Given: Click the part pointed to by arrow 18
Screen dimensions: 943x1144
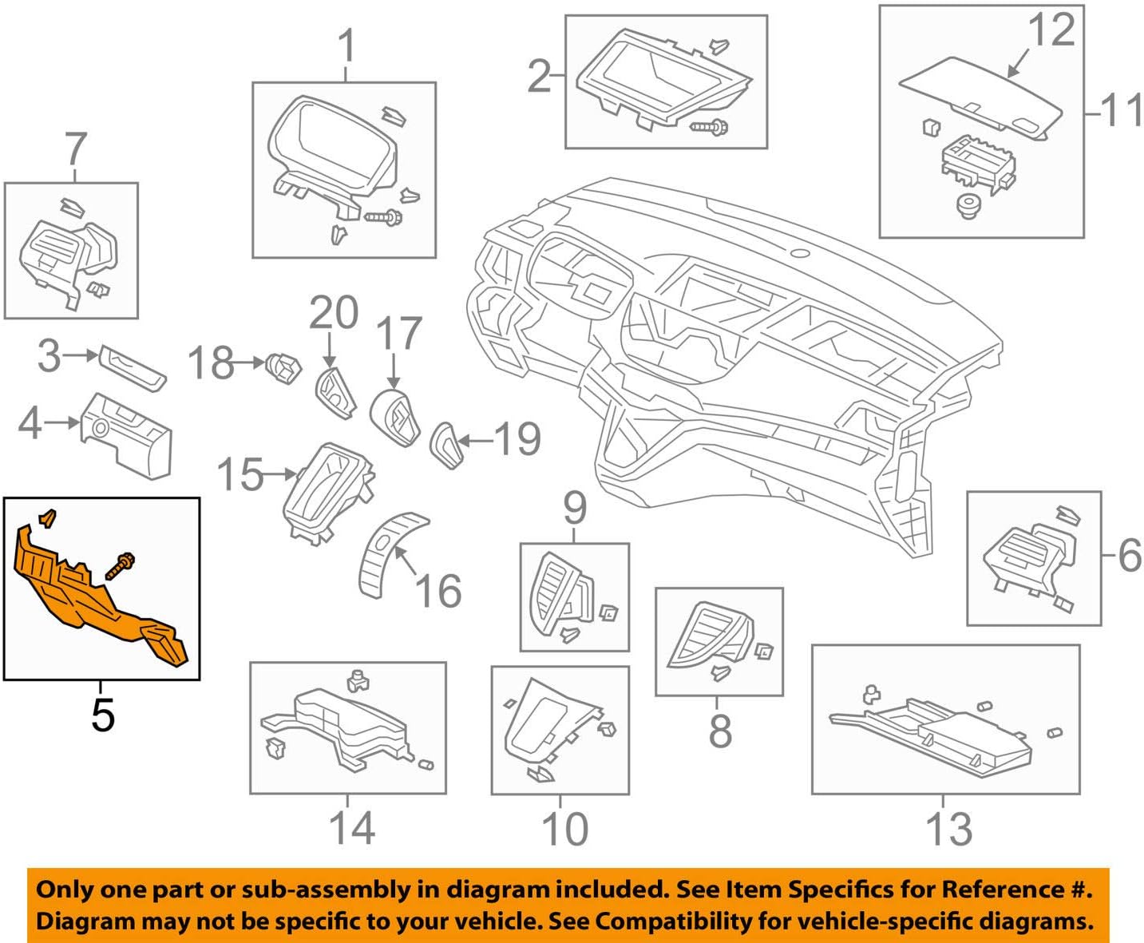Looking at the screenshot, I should (284, 367).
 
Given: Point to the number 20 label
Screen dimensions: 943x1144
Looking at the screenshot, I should (333, 313).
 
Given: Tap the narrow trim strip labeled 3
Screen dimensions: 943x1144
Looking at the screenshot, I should (133, 368).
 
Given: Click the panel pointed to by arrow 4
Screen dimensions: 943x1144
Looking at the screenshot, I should (128, 434).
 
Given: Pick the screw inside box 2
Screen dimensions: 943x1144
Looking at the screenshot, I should (708, 126).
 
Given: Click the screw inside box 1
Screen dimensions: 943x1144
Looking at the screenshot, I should (383, 216).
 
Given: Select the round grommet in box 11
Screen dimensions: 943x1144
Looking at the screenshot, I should (968, 207).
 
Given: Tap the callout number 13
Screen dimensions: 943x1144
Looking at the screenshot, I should (948, 829).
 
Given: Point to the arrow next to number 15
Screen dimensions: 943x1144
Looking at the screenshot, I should (280, 474).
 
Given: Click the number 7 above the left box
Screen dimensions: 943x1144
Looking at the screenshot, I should (75, 149).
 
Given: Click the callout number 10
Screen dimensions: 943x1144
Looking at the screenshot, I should (564, 829).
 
